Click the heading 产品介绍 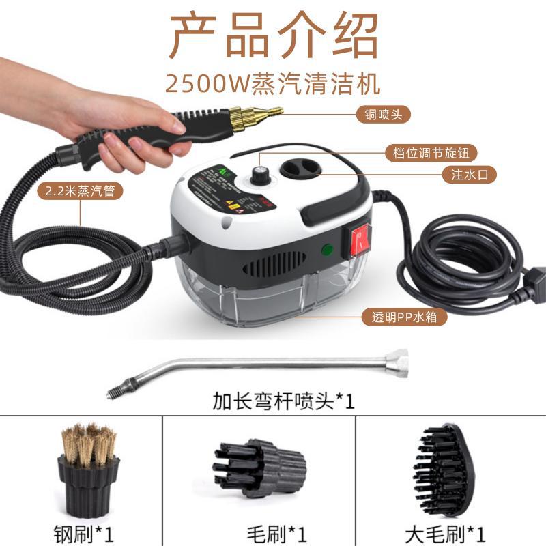(x=273, y=35)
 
